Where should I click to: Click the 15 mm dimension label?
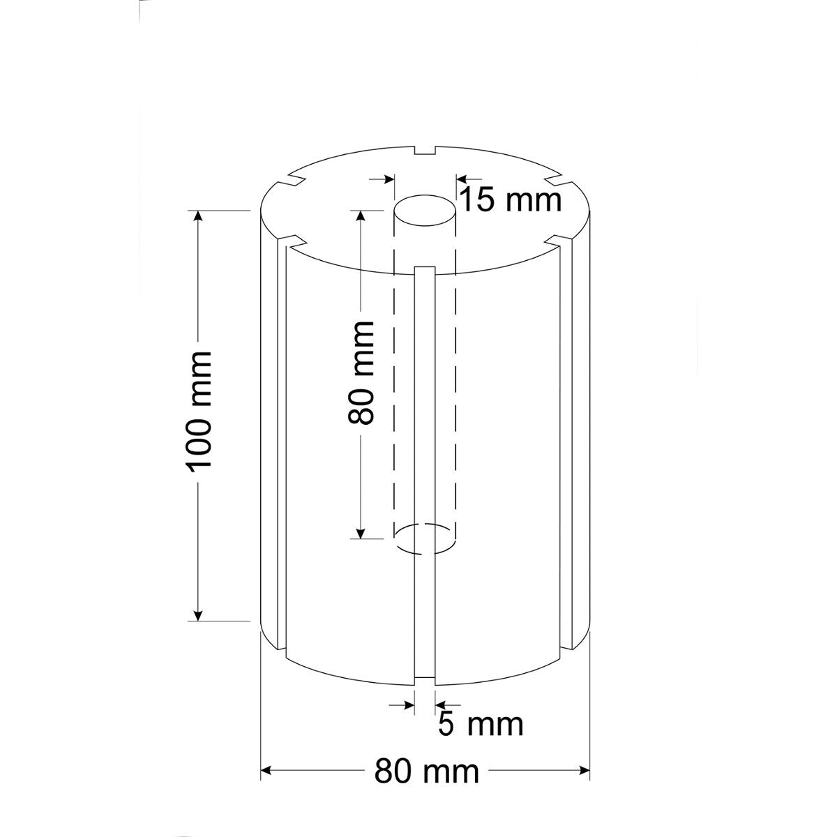[510, 200]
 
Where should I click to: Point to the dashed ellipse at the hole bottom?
[425, 538]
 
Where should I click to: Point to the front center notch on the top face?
[425, 267]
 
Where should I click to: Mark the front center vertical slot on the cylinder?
[425, 474]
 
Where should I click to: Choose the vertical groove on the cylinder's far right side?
[576, 439]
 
